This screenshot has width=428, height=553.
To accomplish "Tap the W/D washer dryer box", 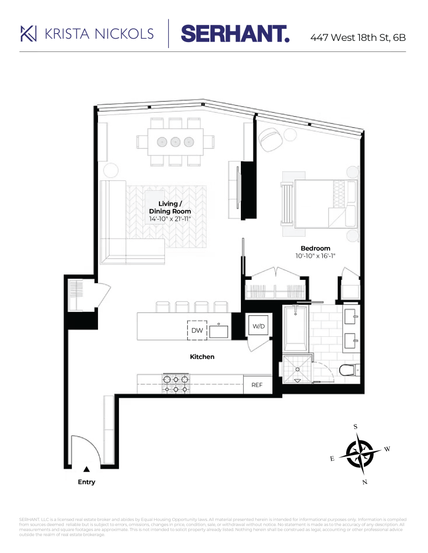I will [x=259, y=327].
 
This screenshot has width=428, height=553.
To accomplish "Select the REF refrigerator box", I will [x=257, y=385].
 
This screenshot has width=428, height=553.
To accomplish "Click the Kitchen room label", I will [x=202, y=357].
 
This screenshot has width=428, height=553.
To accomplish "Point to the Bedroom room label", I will [x=315, y=248].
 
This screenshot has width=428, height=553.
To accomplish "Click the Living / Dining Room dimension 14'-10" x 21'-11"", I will [x=170, y=219].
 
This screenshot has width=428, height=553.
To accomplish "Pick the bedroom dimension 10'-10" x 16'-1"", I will [x=315, y=256].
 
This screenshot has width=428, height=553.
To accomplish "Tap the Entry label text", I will [x=86, y=482].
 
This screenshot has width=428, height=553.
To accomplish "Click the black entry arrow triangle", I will [x=86, y=469].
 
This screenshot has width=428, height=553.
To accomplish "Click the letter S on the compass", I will [x=355, y=427].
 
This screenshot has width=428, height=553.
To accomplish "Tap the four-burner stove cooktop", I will [x=176, y=384].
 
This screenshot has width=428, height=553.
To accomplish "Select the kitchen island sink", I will [x=220, y=331].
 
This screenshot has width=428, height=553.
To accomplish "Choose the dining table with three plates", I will [x=176, y=142].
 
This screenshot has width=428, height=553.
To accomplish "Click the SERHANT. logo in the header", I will [x=235, y=34].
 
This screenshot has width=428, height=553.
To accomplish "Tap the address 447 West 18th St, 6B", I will [x=358, y=38].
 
